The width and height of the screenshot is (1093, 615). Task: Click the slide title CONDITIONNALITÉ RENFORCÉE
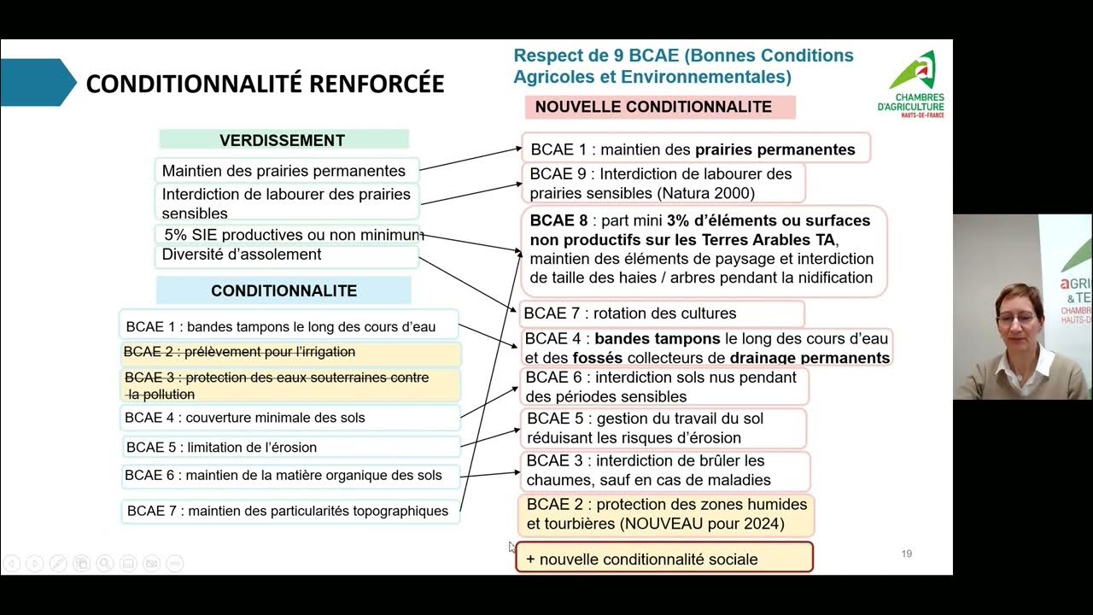[265, 84]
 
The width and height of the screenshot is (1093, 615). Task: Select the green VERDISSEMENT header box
[283, 140]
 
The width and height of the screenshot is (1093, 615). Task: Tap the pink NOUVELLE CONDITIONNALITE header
[653, 107]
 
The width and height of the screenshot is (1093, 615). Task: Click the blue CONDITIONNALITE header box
[283, 290]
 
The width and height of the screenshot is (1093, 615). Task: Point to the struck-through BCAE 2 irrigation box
[290, 352]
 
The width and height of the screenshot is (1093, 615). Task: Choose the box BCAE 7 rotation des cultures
[661, 313]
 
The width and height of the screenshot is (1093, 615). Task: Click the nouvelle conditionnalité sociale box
[663, 559]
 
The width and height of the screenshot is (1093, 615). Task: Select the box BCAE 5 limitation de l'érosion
[290, 447]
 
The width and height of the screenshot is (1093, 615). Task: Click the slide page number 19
[907, 554]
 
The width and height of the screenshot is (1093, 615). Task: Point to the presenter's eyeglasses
[1016, 319]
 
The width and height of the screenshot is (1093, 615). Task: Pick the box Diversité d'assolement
[287, 255]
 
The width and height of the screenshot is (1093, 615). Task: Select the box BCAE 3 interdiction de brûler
[664, 471]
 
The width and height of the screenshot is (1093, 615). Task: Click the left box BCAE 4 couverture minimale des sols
[290, 418]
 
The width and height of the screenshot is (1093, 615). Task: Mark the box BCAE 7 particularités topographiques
[290, 511]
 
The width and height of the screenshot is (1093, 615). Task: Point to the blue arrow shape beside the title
[38, 83]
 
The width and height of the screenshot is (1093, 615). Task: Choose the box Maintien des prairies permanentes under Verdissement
[287, 171]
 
